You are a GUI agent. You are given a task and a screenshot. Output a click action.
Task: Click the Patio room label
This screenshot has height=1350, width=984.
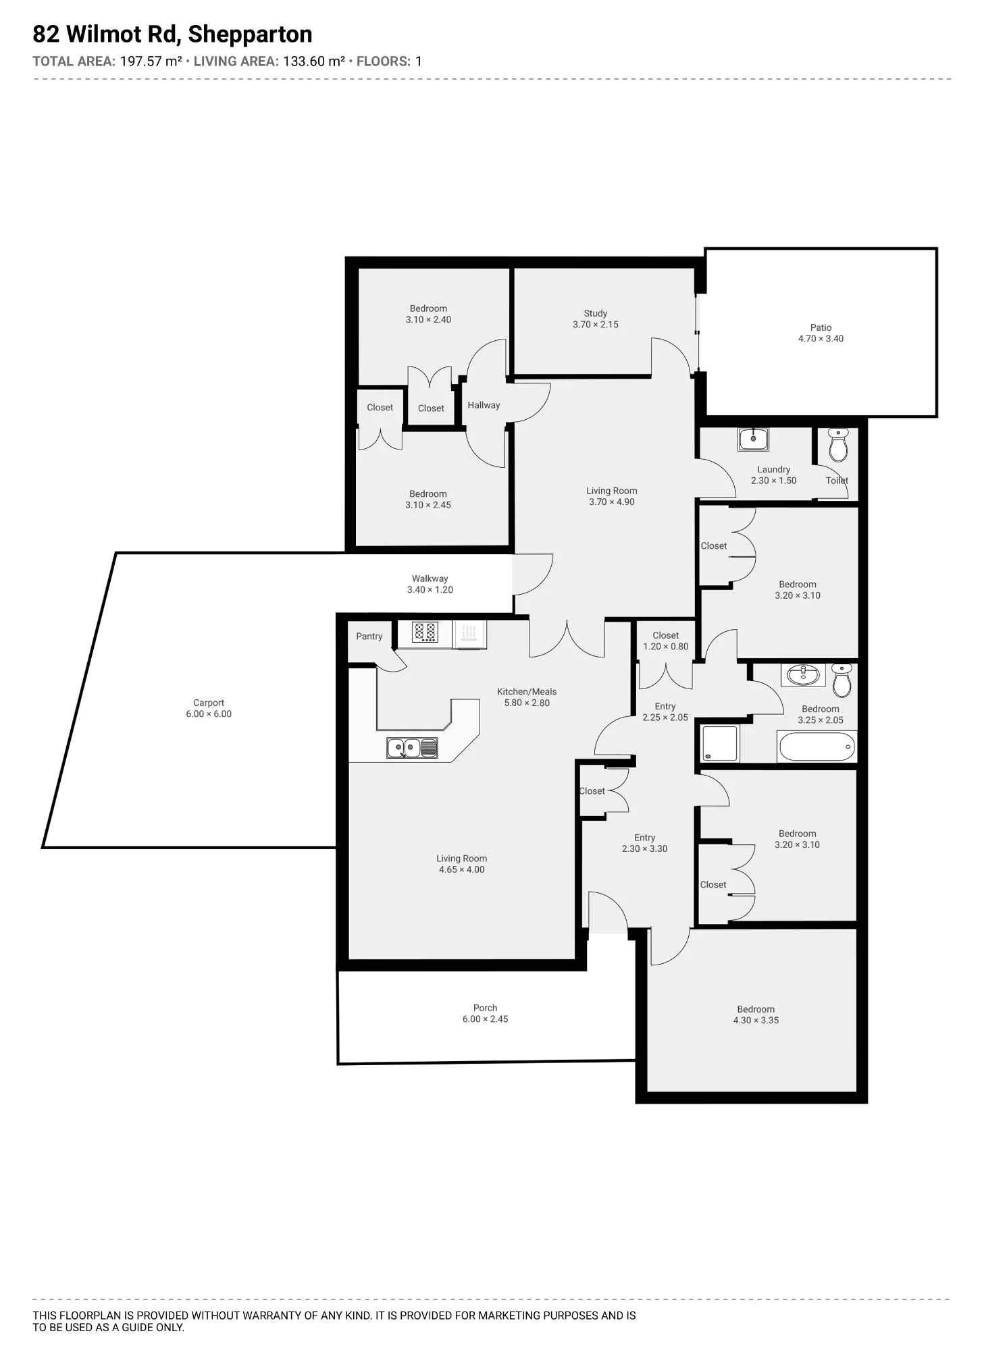click(x=821, y=327)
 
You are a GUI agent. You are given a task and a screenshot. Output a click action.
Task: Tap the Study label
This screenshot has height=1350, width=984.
click(x=595, y=313)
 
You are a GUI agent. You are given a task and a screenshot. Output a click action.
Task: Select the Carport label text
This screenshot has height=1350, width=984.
click(x=208, y=703)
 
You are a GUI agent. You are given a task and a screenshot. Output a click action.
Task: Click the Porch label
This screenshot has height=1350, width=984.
click(x=485, y=1008)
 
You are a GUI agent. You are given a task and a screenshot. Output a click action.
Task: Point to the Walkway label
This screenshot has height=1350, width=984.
click(x=430, y=578)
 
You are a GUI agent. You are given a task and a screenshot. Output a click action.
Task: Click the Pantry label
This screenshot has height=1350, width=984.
click(x=369, y=637)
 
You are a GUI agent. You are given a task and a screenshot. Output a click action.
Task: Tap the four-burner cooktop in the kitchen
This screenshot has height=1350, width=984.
click(x=425, y=632)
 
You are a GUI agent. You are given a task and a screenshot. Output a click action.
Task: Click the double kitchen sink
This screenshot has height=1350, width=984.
click(x=412, y=748)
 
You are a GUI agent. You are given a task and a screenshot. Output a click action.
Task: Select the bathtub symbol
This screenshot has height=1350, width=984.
click(x=817, y=747)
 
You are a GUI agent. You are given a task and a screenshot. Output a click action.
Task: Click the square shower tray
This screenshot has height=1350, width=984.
click(x=721, y=743)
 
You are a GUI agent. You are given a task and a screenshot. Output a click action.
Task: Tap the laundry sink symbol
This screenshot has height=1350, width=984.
click(x=753, y=439)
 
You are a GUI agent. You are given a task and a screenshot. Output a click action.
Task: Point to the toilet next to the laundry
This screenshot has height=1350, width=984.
click(x=838, y=444)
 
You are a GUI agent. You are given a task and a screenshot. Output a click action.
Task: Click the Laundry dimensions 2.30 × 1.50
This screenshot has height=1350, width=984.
click(x=773, y=481)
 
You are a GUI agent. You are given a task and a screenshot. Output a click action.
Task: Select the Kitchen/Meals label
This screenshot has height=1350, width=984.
click(x=527, y=691)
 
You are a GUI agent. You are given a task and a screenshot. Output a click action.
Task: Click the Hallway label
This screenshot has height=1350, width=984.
click(x=484, y=405)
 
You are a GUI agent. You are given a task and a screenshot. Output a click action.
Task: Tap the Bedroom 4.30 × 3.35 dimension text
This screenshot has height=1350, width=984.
click(x=756, y=1020)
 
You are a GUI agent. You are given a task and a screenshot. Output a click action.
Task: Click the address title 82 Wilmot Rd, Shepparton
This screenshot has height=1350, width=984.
click(x=172, y=34)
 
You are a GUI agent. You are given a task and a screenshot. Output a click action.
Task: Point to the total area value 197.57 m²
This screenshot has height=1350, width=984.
click(x=151, y=61)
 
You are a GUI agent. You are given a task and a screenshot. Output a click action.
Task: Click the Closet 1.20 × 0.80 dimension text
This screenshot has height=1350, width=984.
click(x=665, y=646)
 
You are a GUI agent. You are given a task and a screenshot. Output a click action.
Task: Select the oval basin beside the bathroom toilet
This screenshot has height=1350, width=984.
click(x=803, y=675)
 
